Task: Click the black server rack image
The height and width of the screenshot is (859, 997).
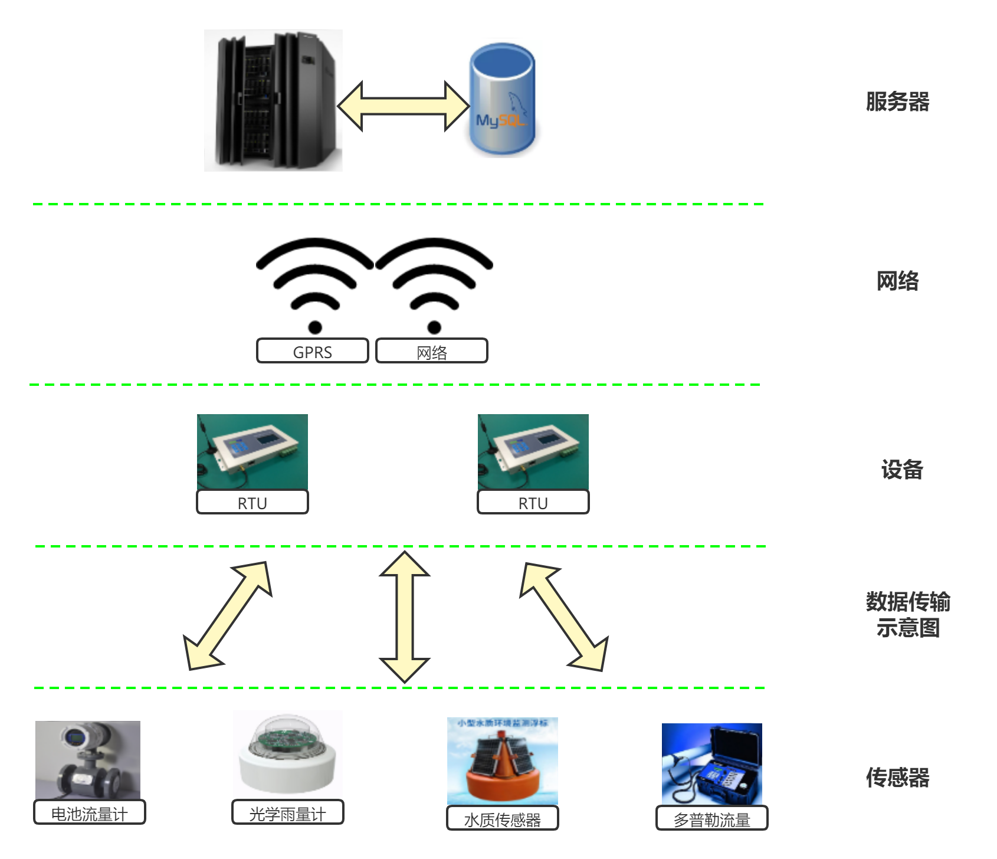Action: pos(273,100)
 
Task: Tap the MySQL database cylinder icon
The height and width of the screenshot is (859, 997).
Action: pos(502,98)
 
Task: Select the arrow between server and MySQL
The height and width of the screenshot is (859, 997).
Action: pos(403,106)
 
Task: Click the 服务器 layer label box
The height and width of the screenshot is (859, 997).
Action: pos(897,98)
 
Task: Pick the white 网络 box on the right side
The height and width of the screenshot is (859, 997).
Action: pos(897,277)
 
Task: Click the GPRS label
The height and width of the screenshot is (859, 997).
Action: pos(312,351)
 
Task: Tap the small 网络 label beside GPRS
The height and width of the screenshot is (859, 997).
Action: pos(431,351)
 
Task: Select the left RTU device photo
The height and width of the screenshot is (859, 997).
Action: pos(252,451)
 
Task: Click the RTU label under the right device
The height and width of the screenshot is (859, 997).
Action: pos(533,503)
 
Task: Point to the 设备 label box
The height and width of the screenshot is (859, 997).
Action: pos(902,466)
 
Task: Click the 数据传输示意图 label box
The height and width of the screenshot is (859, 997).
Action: pos(908,611)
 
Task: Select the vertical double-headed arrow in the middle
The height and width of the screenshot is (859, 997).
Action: pos(404,617)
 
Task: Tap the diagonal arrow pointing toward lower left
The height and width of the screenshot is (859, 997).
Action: pos(227,616)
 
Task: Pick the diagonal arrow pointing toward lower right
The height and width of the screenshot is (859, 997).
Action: pos(564,617)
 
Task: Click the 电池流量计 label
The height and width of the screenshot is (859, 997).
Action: pos(89,813)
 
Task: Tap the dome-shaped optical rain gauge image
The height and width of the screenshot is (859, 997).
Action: pos(287,754)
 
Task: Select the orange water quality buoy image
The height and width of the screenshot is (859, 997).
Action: pos(502,761)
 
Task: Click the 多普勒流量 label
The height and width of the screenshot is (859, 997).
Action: pos(711,819)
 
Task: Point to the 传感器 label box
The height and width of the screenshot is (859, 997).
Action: pos(897,774)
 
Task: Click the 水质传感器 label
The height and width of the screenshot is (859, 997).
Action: pos(502,819)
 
